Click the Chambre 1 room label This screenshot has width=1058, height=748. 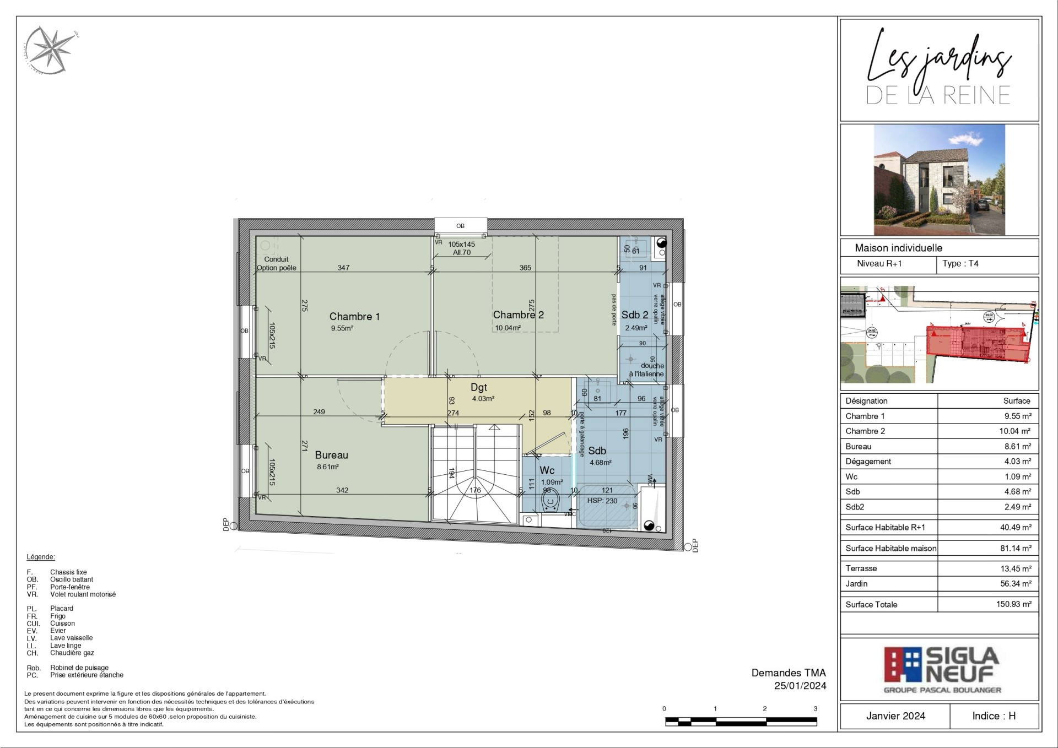coord(354,317)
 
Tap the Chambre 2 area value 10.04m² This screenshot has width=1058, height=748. coord(508,328)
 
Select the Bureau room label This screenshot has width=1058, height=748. coord(331,456)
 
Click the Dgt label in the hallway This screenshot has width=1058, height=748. coord(478,388)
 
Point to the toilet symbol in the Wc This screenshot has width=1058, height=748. coord(550,502)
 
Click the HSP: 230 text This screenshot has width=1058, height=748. coord(602,501)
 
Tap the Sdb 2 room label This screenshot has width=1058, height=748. coord(635,315)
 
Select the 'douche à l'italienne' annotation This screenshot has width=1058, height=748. coord(648,370)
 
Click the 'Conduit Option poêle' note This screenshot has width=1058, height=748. coord(276,264)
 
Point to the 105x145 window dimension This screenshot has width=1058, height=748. coord(461,245)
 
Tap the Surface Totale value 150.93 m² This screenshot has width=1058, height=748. coord(1013,604)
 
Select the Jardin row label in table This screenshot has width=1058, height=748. coord(856,584)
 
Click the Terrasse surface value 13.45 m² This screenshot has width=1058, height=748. coord(1016,568)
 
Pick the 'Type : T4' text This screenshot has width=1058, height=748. coord(960,264)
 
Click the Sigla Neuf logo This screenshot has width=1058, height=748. coord(941,669)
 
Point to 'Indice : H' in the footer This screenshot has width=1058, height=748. coord(994,716)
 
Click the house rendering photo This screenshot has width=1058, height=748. coord(939,180)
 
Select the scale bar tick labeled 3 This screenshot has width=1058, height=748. coord(815,709)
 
